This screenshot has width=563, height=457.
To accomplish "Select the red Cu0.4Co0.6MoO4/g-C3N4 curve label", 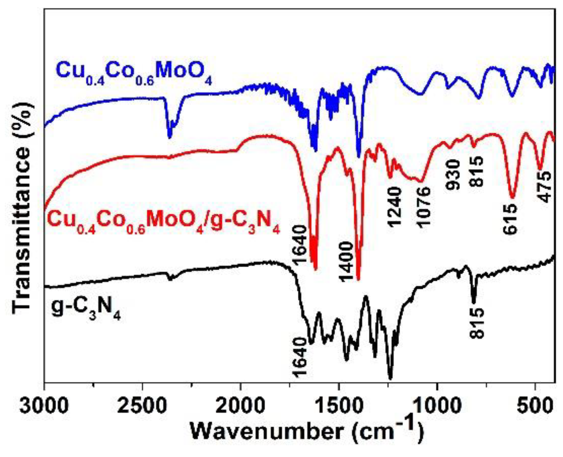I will point(164,223).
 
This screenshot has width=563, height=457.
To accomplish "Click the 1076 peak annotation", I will point(423,207).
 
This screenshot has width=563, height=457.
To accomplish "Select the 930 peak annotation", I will point(453,175).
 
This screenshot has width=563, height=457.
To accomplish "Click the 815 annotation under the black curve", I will point(476,323).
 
